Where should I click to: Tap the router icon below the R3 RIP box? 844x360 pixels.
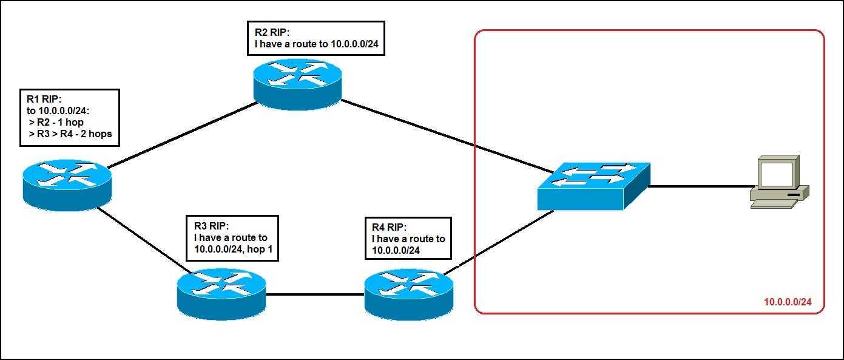click(x=221, y=293)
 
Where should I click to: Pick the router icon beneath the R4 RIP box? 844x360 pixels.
click(x=408, y=293)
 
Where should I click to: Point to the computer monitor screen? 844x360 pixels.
click(x=776, y=174)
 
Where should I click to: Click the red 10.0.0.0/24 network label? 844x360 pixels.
click(x=787, y=302)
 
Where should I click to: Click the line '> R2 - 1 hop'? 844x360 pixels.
click(x=56, y=122)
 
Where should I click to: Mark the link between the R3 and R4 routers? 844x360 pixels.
click(x=314, y=295)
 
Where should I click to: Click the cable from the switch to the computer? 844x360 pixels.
click(x=698, y=186)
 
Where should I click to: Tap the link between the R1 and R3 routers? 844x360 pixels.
click(x=143, y=240)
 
